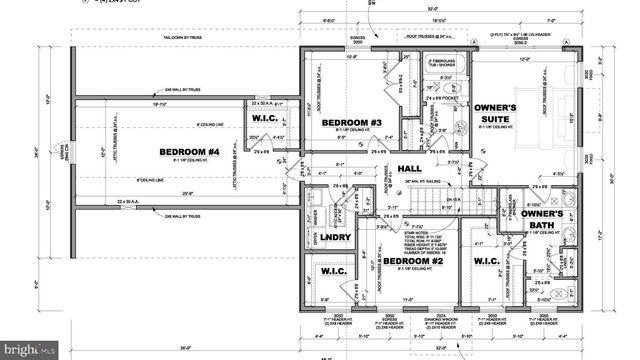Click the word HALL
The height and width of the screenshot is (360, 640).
[x=409, y=169]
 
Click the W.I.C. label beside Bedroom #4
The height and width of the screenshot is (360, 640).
[x=264, y=119]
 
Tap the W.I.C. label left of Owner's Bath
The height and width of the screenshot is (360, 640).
[x=486, y=261]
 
